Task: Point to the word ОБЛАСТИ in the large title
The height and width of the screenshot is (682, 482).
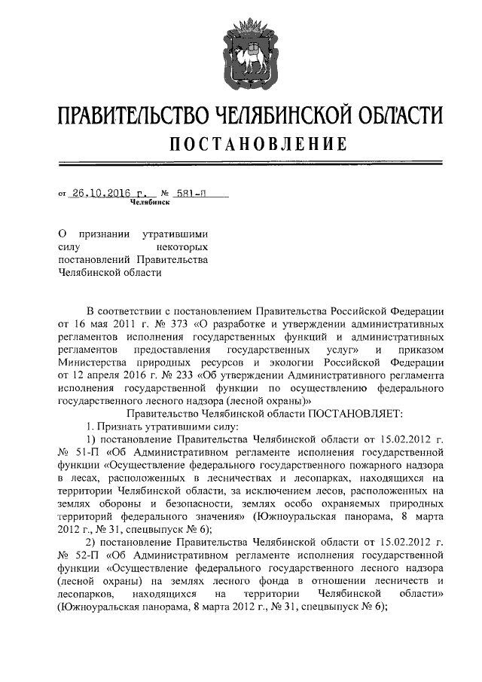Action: click(x=398, y=115)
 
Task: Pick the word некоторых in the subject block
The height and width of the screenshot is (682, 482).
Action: click(x=182, y=246)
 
